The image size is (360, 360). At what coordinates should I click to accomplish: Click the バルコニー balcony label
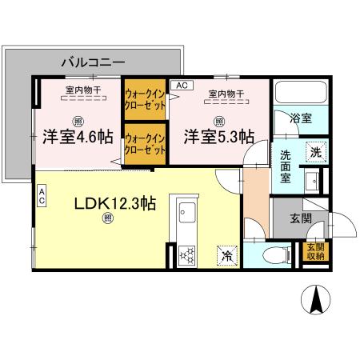[94, 60]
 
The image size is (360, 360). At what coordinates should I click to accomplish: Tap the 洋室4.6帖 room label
[78, 136]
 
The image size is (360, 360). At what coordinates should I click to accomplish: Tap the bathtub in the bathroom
[298, 94]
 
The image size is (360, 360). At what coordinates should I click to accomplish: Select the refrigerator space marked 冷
[226, 255]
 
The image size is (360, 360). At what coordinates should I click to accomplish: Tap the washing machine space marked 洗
[316, 151]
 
